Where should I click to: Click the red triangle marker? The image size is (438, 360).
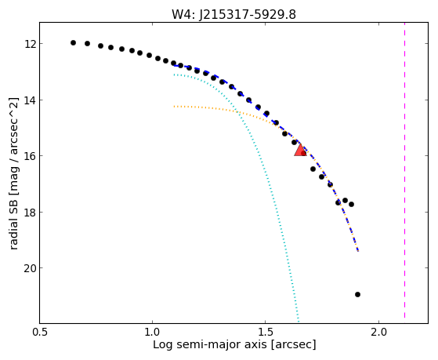(300, 151)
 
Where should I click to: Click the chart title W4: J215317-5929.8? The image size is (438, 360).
(233, 15)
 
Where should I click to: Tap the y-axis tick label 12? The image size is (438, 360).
(30, 44)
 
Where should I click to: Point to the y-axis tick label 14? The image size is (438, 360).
(30, 100)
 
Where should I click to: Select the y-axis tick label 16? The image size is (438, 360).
(30, 156)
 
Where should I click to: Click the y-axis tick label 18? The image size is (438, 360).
(30, 212)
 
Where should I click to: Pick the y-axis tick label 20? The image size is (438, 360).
(30, 268)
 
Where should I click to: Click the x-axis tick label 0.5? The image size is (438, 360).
(40, 332)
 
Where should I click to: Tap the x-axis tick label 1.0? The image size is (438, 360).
(152, 332)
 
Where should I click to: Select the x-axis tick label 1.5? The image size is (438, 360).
(266, 332)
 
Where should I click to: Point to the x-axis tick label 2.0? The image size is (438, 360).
(378, 332)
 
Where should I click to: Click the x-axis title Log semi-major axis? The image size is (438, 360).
(209, 344)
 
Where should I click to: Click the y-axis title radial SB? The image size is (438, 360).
(13, 223)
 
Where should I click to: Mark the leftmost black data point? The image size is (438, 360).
(73, 43)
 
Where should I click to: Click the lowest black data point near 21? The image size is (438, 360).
(357, 294)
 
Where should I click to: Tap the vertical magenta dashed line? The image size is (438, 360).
(404, 170)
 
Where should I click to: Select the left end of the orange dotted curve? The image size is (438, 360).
(174, 107)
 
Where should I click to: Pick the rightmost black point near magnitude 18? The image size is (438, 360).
(351, 204)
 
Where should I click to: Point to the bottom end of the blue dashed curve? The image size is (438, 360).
(358, 251)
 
